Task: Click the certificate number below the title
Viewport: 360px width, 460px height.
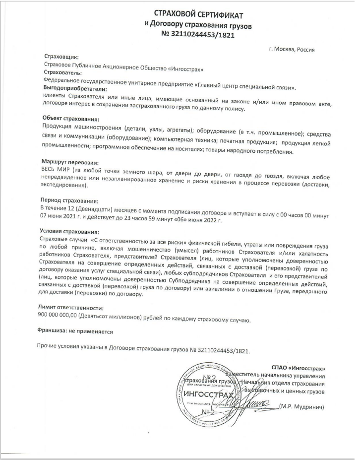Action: pos(198,35)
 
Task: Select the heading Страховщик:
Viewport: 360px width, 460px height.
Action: pos(61,58)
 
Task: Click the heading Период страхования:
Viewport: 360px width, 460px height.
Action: pos(70,200)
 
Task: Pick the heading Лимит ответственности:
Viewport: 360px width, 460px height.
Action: pos(70,308)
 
